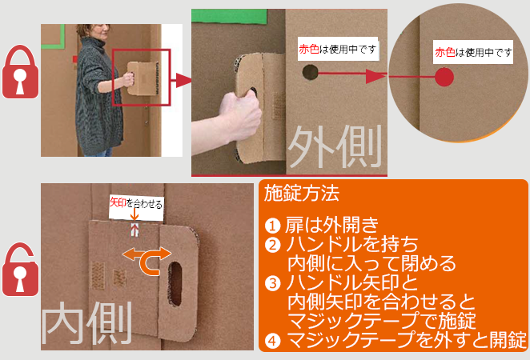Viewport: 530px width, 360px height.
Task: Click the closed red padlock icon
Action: [20, 72]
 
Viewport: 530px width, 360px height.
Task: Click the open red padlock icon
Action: [20, 269]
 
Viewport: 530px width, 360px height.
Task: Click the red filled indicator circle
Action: [444, 77]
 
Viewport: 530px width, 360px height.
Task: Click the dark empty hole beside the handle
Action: [310, 72]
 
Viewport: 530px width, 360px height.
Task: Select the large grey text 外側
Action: [335, 146]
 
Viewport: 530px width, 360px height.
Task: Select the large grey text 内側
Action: [86, 323]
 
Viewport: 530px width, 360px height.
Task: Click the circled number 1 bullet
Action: [272, 226]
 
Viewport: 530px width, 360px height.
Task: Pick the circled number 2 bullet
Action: [272, 245]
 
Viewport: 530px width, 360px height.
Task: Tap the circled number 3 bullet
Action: [272, 283]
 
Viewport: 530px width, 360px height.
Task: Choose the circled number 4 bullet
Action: [272, 341]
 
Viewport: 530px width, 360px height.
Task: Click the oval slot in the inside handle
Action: [175, 284]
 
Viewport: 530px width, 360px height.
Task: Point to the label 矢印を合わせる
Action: [136, 203]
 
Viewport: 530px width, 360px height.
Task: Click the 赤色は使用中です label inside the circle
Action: [473, 52]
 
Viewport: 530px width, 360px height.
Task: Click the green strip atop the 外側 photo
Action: [230, 16]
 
